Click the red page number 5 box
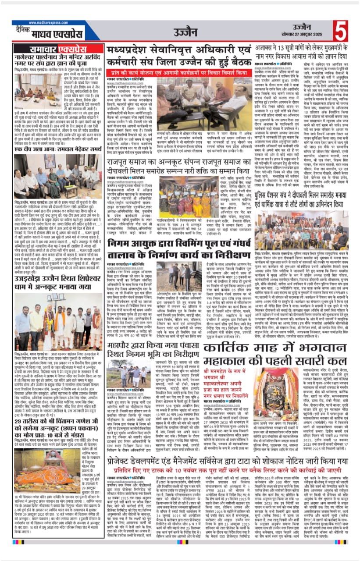coord(342,30)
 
